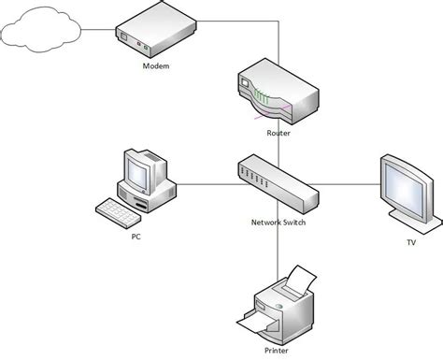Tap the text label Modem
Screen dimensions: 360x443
157,67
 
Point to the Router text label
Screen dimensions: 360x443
279,134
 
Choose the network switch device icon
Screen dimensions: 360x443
279,182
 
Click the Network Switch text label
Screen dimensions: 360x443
279,223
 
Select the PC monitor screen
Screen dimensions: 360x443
137,172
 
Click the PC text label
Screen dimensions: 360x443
136,237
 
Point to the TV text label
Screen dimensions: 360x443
410,241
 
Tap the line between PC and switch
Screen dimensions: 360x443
206,182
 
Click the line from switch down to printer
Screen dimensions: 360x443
279,248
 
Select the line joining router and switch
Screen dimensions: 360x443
279,145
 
